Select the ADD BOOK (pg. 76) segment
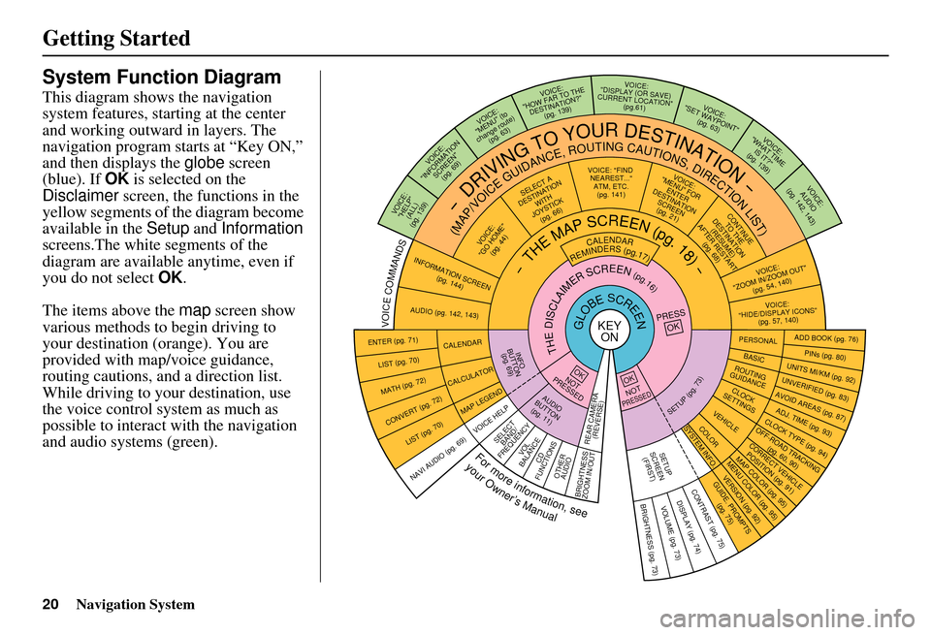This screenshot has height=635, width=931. click(825, 338)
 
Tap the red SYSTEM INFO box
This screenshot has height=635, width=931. click(699, 447)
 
